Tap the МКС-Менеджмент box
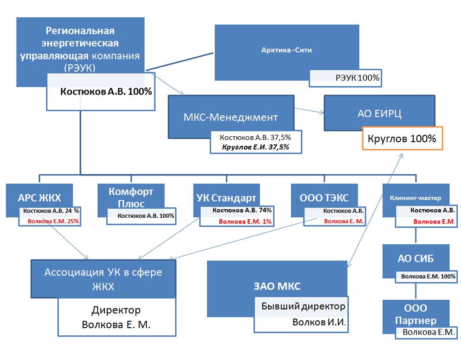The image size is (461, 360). (x=230, y=117)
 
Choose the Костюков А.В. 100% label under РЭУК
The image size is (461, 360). (x=106, y=91)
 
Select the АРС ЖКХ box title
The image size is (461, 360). (x=40, y=198)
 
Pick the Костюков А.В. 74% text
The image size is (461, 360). (x=242, y=210)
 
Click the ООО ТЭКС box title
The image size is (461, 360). (x=324, y=198)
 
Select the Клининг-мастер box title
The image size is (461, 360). (x=416, y=198)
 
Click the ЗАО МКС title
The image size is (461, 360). (x=278, y=286)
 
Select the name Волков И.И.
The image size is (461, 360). (x=319, y=322)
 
